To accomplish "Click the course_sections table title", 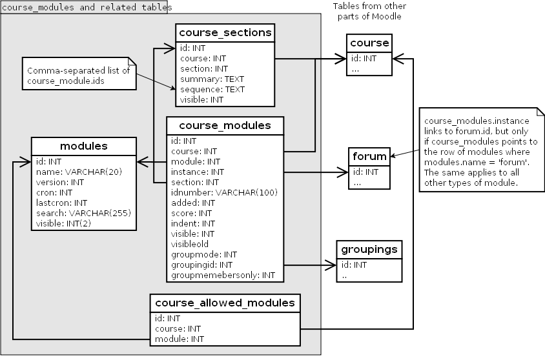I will [225, 32].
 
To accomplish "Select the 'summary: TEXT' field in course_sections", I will [208, 79].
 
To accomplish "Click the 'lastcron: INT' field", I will [63, 202].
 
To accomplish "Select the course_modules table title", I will [224, 125].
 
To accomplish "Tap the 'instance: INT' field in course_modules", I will [197, 172].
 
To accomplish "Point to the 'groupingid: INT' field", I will [201, 265].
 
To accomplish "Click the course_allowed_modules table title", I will [224, 302].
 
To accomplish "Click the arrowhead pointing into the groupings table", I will [332, 265].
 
